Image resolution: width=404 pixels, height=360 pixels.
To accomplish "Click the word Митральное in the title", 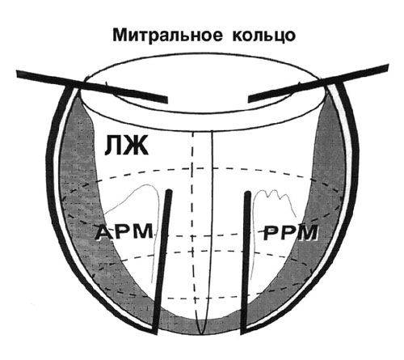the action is [167, 35].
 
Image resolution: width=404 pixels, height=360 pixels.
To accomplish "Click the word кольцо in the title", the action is [263, 36].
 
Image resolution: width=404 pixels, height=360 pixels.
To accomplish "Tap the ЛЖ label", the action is [126, 145].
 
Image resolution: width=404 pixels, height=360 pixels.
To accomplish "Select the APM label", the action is [124, 231].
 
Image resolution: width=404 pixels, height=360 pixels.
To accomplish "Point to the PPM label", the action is [290, 232].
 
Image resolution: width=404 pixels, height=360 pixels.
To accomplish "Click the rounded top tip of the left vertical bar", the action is [169, 192].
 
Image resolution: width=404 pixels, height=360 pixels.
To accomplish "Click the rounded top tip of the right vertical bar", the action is [247, 193].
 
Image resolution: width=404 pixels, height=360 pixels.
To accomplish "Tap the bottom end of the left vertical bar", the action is [154, 332].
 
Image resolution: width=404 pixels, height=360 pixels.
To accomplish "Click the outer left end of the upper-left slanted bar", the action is [17, 74].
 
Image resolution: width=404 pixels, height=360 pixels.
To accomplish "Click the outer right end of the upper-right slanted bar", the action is [388, 67].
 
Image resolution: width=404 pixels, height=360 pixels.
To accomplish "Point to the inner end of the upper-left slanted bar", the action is [167, 100].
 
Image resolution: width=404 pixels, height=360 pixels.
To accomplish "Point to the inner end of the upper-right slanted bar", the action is [249, 99].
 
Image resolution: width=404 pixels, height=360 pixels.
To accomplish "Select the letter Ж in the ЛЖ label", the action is [137, 145].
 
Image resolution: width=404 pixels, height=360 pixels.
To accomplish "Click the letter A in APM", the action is [103, 232].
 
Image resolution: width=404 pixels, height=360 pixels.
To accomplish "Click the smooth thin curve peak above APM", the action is [147, 185].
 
